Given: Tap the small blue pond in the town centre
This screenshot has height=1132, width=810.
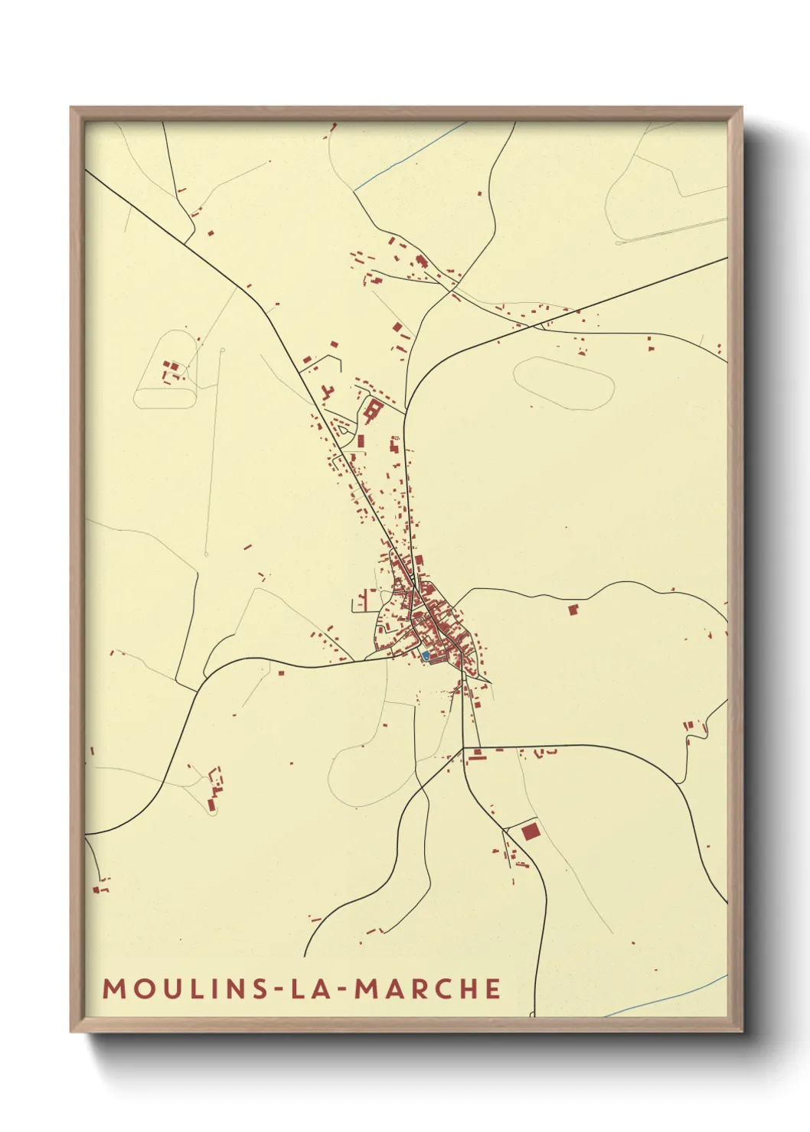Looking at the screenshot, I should point(426,655).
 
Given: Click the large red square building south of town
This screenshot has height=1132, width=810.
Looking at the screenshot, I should point(530,831).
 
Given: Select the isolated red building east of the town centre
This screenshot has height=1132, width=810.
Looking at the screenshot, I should point(573,609).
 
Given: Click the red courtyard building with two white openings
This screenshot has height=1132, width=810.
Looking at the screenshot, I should point(374,410).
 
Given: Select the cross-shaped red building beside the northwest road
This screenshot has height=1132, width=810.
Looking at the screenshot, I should point(328,393).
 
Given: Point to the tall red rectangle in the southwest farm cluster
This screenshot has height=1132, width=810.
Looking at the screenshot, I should point(211,805).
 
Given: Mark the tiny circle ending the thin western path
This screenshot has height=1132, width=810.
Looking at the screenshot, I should point(222,350).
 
